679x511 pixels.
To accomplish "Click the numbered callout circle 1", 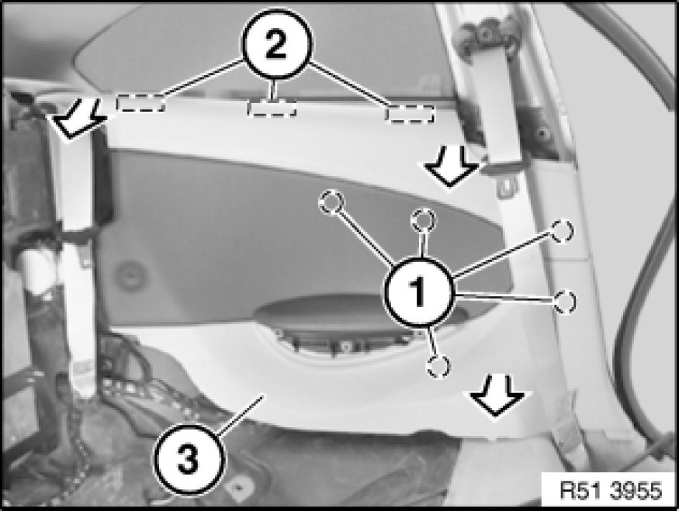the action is coord(418,292).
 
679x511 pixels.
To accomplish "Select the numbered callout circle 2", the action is coord(276,44).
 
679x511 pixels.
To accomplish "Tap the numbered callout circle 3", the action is coord(189,459).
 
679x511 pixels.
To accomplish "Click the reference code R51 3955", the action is coord(611,491).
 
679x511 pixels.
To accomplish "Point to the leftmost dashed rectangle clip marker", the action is coord(140,103).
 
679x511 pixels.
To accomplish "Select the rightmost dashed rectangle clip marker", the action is coord(410,113).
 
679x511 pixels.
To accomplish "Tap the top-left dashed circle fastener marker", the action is coord(331,202).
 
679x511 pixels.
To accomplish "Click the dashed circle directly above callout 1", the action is coord(423,221).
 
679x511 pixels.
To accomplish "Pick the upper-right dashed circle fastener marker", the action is coord(562,230).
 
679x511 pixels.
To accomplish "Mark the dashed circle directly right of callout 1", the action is coord(565,302).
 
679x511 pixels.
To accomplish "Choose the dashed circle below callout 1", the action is coord(438,366).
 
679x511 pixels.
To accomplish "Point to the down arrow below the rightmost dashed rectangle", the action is coord(450,167).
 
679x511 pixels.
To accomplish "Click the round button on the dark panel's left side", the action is coord(130,275).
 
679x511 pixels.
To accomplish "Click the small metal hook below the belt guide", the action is coord(506,187).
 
